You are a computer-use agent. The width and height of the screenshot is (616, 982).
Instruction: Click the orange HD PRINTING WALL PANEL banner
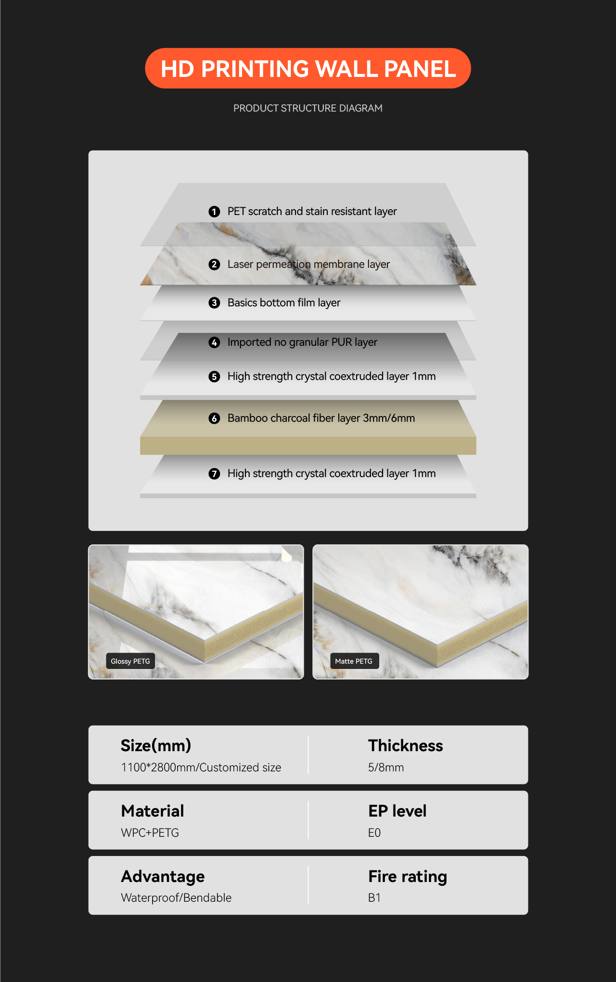tap(308, 68)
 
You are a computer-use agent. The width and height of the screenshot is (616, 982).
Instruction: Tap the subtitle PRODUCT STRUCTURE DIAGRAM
tap(308, 108)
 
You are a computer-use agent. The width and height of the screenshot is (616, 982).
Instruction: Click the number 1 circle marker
tap(214, 212)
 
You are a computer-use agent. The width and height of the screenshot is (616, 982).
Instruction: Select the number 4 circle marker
tap(214, 342)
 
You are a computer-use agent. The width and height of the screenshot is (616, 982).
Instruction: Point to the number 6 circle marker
tap(214, 418)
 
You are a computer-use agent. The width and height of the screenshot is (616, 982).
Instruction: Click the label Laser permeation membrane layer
tap(308, 264)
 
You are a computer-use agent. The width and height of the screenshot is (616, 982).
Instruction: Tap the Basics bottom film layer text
tap(284, 302)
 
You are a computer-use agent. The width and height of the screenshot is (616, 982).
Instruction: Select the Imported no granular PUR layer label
tap(302, 342)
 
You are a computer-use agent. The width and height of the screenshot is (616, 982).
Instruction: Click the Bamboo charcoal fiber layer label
tap(321, 418)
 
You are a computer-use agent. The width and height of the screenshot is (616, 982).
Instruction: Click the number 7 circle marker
tap(214, 474)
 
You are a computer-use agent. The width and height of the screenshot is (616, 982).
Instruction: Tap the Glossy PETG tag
tap(130, 661)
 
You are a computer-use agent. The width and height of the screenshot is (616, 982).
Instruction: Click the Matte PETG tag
tap(354, 661)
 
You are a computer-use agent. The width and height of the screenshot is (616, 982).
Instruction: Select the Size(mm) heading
tap(156, 745)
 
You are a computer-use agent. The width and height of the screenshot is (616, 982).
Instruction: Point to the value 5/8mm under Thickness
tap(386, 768)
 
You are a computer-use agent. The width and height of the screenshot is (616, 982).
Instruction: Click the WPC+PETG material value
tap(150, 833)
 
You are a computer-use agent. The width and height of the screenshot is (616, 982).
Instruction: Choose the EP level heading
tap(398, 811)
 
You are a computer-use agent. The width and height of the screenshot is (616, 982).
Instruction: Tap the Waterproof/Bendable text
tap(176, 898)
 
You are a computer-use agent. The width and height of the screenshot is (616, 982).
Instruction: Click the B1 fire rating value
tap(374, 898)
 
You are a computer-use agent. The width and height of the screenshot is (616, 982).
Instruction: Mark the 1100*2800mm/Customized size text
tap(201, 768)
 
